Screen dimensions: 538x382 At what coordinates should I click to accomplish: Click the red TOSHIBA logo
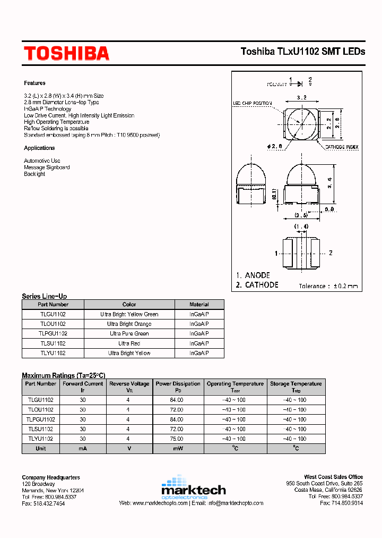(x=66, y=53)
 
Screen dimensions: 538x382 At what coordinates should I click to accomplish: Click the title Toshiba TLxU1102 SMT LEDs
(x=303, y=52)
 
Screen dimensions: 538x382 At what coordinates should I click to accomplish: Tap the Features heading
(x=34, y=83)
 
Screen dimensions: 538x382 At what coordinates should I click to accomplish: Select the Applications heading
(x=39, y=148)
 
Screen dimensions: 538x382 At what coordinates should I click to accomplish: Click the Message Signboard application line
(x=47, y=167)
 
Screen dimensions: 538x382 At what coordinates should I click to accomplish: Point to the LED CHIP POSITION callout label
(x=253, y=103)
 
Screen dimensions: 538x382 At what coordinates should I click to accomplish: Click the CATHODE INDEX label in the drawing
(x=341, y=146)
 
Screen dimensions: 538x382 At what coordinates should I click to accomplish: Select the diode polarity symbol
(x=299, y=83)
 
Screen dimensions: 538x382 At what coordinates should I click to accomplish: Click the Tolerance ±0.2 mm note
(x=328, y=286)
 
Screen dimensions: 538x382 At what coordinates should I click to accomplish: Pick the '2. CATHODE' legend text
(x=257, y=285)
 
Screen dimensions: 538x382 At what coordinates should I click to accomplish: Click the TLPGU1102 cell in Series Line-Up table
(x=53, y=334)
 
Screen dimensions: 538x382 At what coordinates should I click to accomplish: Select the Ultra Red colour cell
(x=129, y=343)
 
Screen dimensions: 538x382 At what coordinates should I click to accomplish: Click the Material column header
(x=199, y=305)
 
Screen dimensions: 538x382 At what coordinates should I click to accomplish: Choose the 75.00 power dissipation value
(x=177, y=439)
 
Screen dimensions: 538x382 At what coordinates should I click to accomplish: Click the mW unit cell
(x=177, y=449)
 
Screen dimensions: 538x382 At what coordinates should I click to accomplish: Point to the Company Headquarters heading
(x=51, y=477)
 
